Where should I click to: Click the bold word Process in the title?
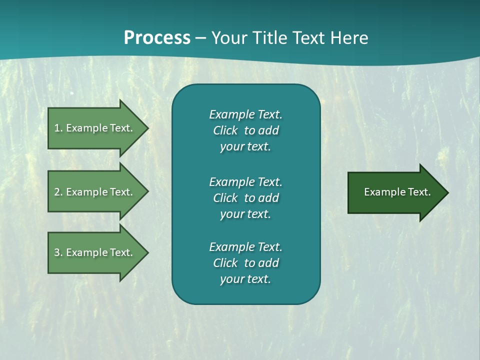pos(157,37)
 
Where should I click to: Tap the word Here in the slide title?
pos(349,37)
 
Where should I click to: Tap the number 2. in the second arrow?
pos(58,192)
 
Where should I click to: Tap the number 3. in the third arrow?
pos(58,252)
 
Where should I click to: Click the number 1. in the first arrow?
pos(58,128)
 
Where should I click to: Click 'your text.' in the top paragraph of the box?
pos(245,147)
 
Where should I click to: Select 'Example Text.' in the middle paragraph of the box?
pos(245,182)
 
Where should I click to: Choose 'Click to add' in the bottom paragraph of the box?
pos(245,263)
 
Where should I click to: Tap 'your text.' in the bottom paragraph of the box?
pos(245,279)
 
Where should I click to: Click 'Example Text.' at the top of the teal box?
pos(245,114)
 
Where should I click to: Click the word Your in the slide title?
pos(228,37)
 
